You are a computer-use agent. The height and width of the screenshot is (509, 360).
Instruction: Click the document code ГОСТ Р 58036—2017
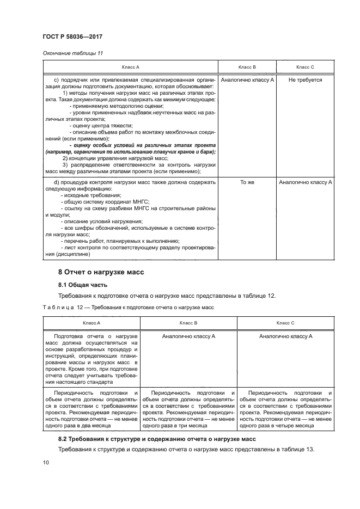click(x=73, y=36)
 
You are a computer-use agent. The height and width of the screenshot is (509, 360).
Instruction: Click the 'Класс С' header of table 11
click(x=305, y=67)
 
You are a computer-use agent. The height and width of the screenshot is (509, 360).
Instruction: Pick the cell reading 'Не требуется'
click(x=305, y=79)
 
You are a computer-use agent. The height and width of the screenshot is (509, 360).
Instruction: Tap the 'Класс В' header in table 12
click(x=188, y=323)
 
